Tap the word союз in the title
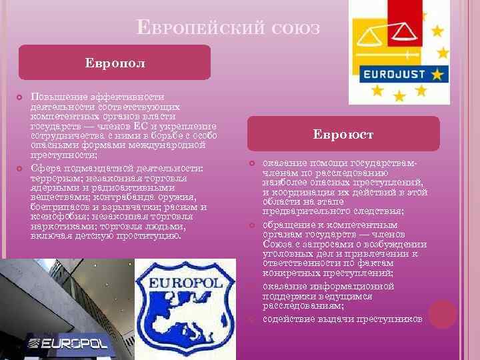click(297, 29)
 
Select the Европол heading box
click(115, 63)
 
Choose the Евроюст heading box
click(343, 134)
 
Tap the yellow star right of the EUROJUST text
click(437, 73)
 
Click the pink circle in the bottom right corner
click(443, 314)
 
